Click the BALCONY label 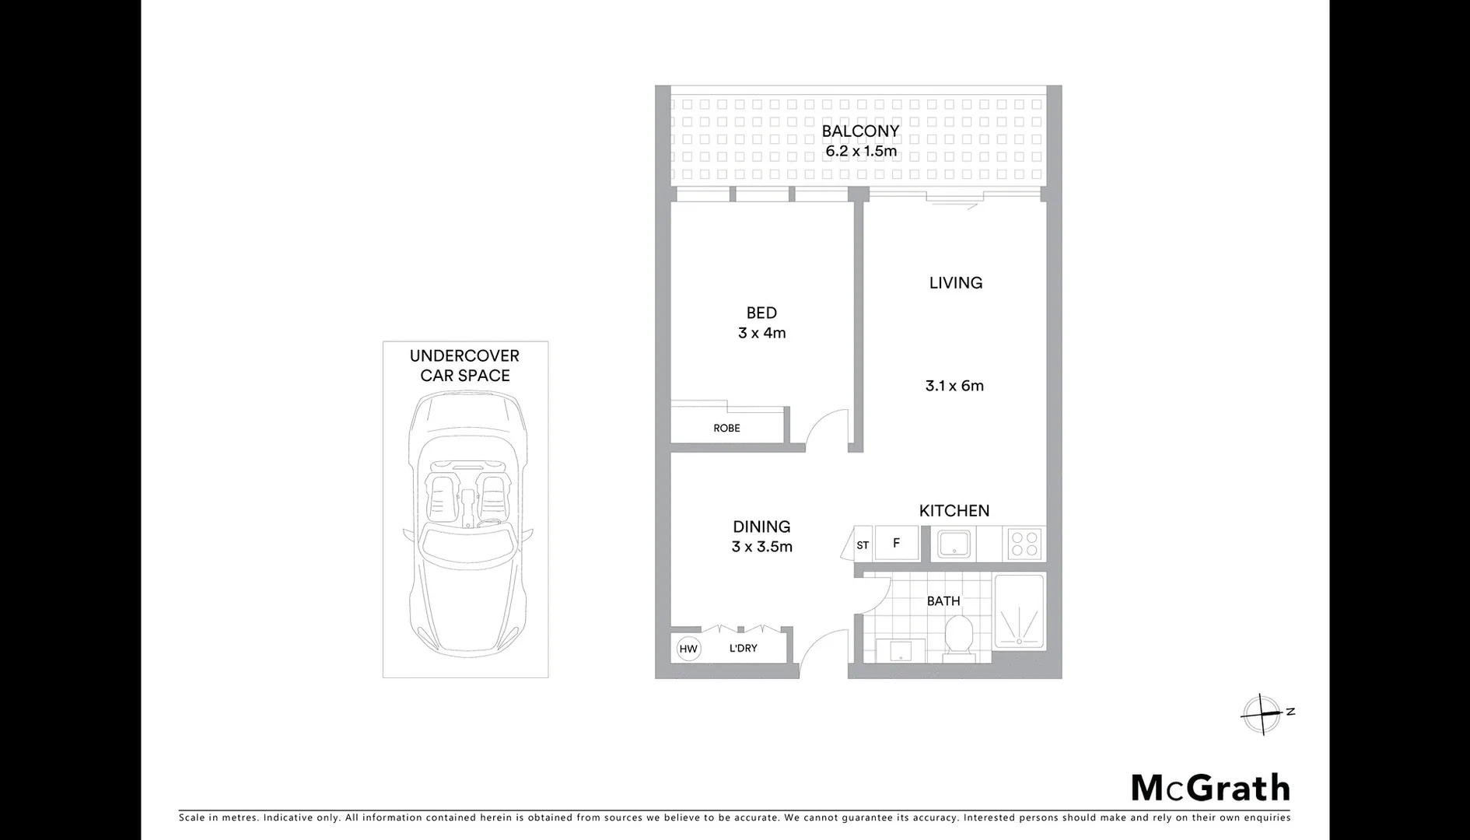pos(860,131)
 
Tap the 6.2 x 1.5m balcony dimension pos(861,151)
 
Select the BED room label pos(761,313)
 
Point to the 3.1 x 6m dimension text pos(954,386)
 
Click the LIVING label pos(956,283)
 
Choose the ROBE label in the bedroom pos(726,429)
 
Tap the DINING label pos(761,527)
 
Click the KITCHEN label pos(954,511)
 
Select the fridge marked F pos(896,544)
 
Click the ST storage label pos(863,545)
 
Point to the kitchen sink pos(954,544)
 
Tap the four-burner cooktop pos(1024,544)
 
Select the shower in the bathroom pos(1019,612)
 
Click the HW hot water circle pos(688,649)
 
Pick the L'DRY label pos(743,649)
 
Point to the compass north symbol pos(1262,714)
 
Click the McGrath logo pos(1210,788)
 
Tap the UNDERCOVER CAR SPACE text pos(464,366)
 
